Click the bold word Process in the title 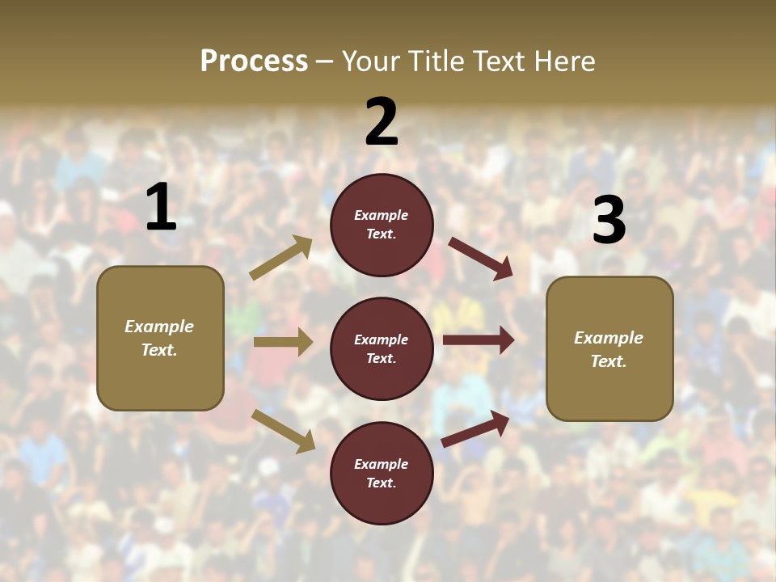[254, 61]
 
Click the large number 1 [161, 208]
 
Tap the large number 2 [382, 122]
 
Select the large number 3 [609, 221]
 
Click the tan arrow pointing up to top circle [281, 258]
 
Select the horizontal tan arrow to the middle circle [283, 342]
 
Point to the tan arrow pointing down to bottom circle [283, 430]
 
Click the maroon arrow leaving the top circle [480, 258]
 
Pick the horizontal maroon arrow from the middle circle [479, 340]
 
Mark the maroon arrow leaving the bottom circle [475, 429]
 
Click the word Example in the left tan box [159, 327]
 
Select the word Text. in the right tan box [609, 361]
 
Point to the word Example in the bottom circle [382, 464]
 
